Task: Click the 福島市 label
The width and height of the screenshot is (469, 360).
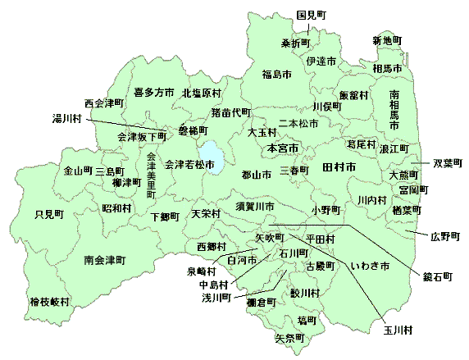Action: click(276, 75)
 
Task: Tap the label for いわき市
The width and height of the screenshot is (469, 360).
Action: click(369, 266)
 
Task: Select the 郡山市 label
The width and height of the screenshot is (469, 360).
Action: click(257, 175)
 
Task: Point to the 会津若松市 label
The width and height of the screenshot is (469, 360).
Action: click(189, 165)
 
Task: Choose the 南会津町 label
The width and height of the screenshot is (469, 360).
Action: click(104, 260)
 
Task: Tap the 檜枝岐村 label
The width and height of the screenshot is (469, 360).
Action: click(49, 302)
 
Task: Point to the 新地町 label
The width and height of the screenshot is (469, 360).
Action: click(387, 40)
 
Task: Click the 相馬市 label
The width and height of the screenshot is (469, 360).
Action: click(387, 68)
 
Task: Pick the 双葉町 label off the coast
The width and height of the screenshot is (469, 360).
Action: click(449, 162)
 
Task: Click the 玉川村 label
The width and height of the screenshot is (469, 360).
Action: click(396, 330)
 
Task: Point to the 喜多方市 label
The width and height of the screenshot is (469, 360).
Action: click(154, 92)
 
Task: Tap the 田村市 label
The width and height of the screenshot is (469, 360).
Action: click(339, 167)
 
